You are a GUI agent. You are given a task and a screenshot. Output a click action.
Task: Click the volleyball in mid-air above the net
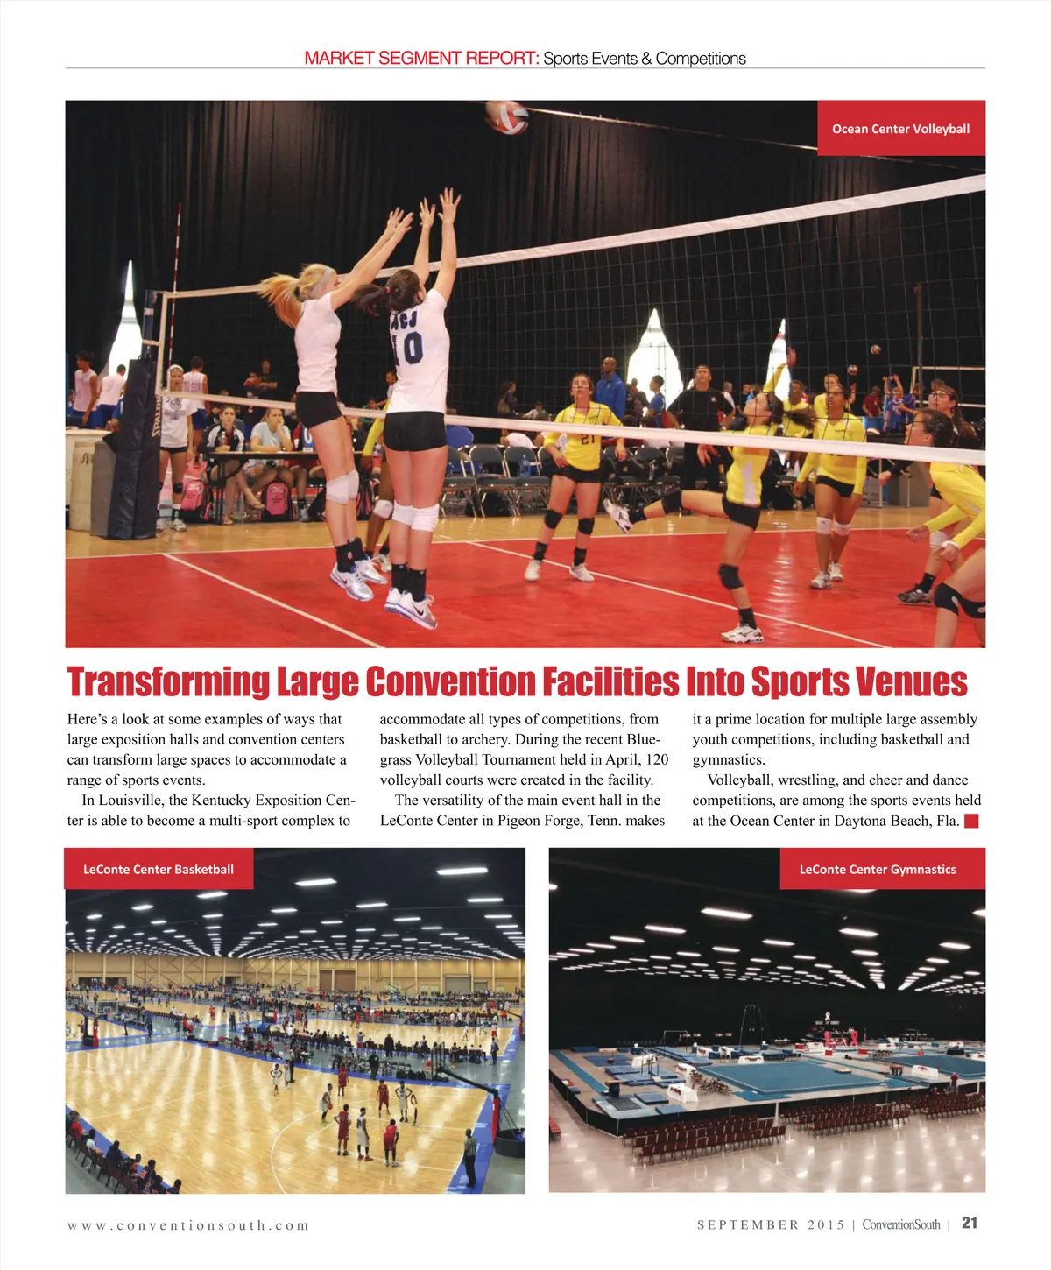(506, 116)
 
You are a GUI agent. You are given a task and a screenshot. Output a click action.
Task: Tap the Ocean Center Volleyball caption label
(900, 129)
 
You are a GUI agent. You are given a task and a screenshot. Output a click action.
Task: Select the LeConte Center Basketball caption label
(159, 870)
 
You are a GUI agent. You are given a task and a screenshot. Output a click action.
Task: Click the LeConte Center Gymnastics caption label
(877, 870)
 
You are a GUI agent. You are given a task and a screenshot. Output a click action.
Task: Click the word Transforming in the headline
(169, 682)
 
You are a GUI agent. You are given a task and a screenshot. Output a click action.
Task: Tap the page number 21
(970, 1224)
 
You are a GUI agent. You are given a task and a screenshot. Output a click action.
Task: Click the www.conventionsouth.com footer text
(188, 1225)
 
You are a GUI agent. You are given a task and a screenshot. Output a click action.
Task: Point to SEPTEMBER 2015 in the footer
(771, 1224)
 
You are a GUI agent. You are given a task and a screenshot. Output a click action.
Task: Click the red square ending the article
(971, 821)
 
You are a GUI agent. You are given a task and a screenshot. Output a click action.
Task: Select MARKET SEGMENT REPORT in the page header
(421, 59)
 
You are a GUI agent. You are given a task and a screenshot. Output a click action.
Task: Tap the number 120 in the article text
(657, 759)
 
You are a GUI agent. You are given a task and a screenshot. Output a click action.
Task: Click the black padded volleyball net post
(133, 451)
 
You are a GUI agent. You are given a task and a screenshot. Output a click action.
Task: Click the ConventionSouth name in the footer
(900, 1224)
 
